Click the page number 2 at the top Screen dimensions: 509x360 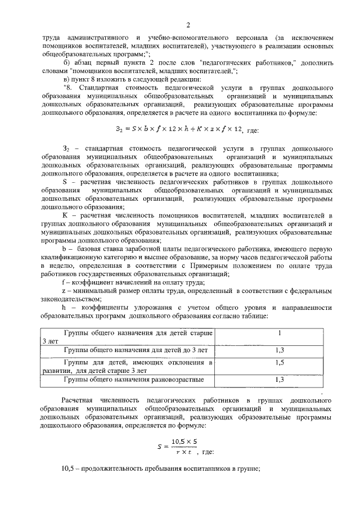coord(187,25)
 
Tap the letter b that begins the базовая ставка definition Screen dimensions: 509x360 coord(64,247)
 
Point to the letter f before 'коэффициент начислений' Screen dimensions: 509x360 coord(64,282)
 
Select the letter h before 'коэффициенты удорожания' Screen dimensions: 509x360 coord(64,308)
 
